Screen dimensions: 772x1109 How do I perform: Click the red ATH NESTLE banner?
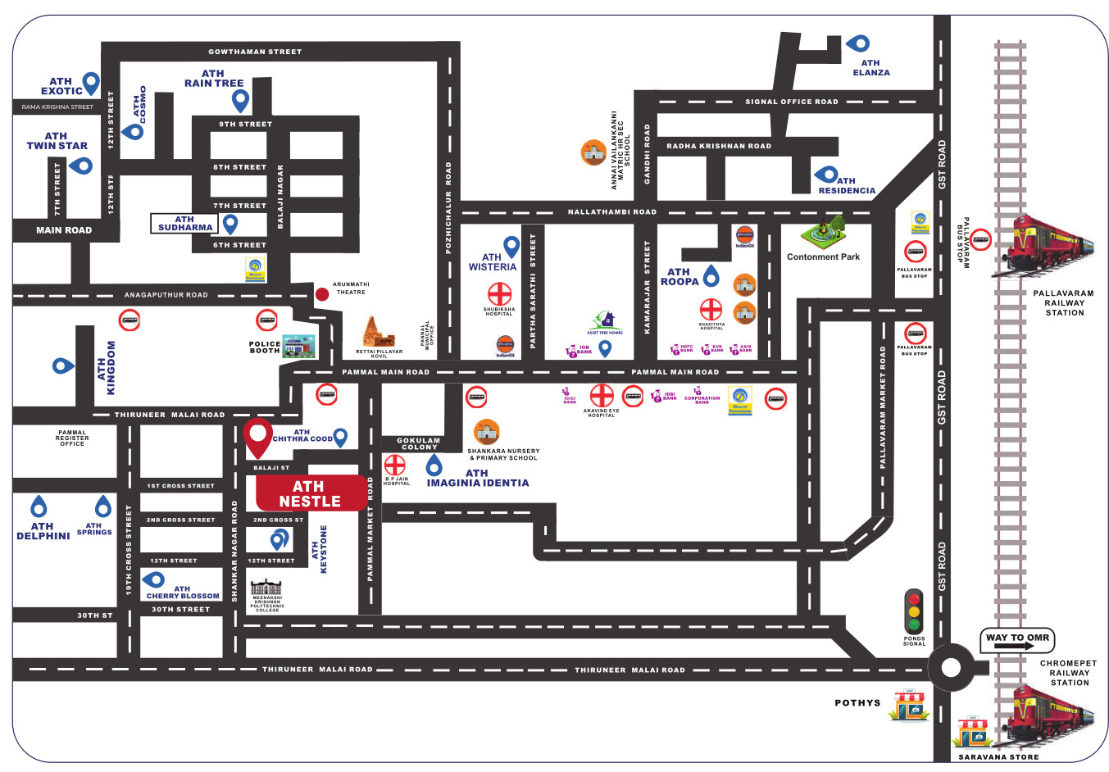[x=311, y=493]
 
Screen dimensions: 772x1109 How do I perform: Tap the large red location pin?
[x=258, y=437]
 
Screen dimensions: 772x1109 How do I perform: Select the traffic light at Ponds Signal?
[x=913, y=611]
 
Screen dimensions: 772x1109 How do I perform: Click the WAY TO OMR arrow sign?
[x=1017, y=639]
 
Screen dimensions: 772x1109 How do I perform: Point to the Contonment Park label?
[x=823, y=257]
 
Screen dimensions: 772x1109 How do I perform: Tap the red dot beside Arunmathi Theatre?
[x=322, y=293]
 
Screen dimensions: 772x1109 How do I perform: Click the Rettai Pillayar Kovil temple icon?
[x=377, y=332]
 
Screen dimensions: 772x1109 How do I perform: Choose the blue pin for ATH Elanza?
[x=859, y=43]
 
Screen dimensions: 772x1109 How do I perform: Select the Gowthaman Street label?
[x=255, y=52]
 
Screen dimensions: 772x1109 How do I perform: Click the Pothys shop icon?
[x=909, y=706]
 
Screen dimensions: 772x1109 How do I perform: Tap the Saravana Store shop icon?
[x=975, y=733]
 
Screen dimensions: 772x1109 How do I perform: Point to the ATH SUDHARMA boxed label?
[x=185, y=223]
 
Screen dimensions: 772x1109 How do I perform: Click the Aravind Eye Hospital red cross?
[x=602, y=395]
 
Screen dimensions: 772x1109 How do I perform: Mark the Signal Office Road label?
[x=791, y=102]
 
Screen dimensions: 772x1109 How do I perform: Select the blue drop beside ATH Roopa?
[x=711, y=275]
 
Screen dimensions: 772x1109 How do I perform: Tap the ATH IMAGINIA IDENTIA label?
[x=478, y=478]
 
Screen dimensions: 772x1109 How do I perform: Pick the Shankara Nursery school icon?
[x=487, y=432]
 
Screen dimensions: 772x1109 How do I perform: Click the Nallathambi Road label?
[x=612, y=211]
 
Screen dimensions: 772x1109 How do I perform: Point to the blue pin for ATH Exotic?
[x=91, y=82]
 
